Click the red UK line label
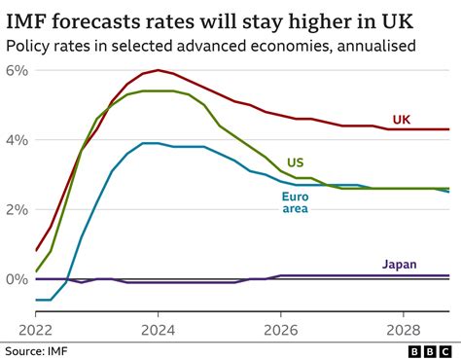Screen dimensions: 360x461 coord(401,120)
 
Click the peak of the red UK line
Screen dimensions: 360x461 coord(158,70)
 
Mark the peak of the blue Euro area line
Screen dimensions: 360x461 coord(151,143)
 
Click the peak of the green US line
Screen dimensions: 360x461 coord(156,90)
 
